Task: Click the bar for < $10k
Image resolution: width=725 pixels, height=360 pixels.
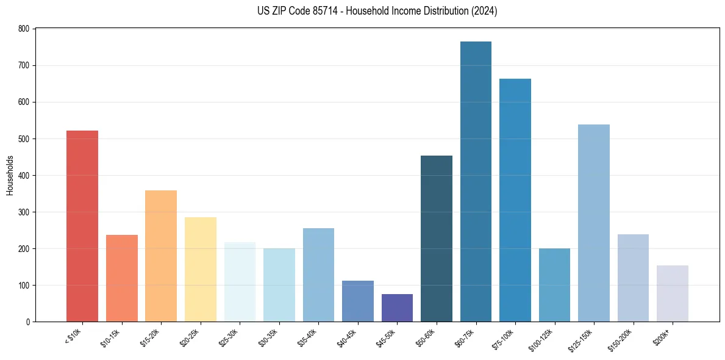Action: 82,226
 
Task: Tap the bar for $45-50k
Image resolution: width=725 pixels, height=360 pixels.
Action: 397,308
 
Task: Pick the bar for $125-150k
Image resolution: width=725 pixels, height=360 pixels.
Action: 593,223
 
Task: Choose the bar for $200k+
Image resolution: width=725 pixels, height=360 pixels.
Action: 672,293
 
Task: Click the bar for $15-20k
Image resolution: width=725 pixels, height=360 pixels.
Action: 161,256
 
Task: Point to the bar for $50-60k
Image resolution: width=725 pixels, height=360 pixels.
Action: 437,239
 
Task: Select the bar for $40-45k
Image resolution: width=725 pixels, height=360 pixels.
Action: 357,301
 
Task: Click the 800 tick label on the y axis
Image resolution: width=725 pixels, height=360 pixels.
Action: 24,29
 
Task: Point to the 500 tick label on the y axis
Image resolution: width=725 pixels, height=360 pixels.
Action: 24,139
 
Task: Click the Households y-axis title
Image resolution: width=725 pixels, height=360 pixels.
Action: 10,175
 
